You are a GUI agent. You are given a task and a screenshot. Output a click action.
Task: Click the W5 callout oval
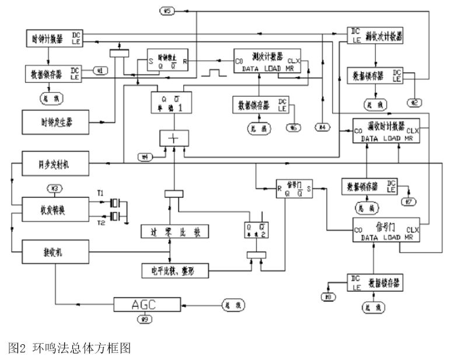point(167,10)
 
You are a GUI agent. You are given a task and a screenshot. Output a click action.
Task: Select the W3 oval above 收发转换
point(54,188)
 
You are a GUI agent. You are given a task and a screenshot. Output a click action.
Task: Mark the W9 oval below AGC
point(144,319)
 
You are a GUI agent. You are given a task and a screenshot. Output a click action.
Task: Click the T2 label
point(100,224)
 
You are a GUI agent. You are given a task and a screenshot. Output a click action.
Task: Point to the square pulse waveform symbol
point(211,74)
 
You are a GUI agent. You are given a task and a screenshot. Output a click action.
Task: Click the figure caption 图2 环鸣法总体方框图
point(69,348)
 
